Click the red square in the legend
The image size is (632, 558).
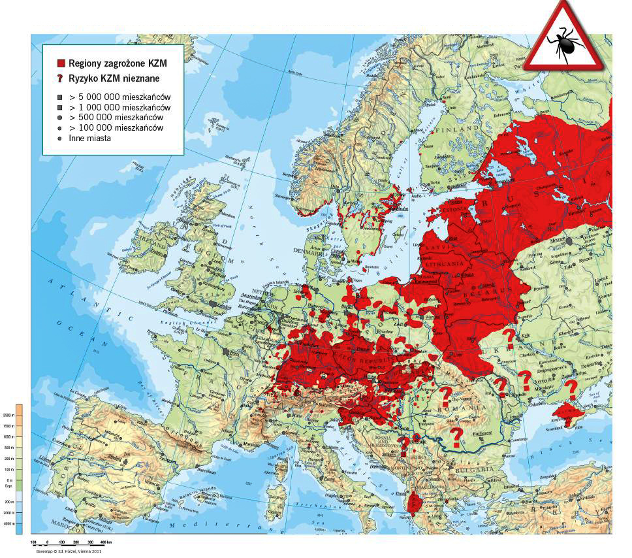click(x=61, y=63)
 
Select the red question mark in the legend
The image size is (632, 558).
click(x=61, y=78)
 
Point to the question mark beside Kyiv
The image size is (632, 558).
click(x=507, y=338)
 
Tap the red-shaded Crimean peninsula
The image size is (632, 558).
click(x=568, y=414)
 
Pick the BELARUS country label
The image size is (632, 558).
click(x=480, y=295)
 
